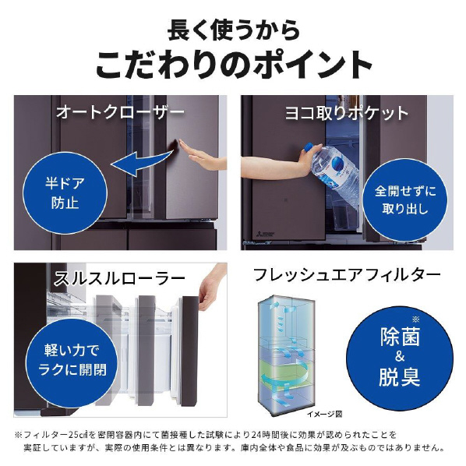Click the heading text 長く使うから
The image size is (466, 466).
233,30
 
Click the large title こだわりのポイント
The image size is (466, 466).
234,65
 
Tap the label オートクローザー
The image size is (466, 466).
120,113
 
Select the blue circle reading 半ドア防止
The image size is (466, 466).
65,193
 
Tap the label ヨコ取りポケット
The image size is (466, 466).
347,113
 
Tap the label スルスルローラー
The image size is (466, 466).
119,279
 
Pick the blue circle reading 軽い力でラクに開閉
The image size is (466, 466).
72,360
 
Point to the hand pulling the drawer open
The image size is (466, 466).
211,287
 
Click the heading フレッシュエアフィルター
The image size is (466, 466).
347,274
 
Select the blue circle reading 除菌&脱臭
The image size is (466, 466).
400,357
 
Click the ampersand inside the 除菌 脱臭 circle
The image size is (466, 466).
400,356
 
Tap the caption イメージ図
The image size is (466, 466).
324,414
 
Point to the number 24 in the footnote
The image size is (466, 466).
256,435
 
